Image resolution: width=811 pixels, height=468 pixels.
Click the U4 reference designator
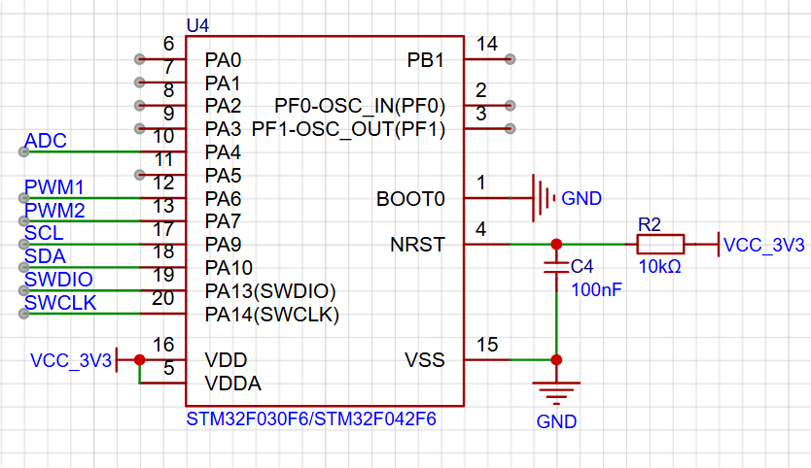click(x=197, y=25)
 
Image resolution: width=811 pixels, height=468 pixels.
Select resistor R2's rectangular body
click(x=660, y=244)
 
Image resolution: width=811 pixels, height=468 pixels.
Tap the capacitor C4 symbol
click(x=556, y=267)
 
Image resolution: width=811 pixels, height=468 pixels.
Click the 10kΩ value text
click(x=659, y=267)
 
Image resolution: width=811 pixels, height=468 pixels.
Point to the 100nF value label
click(x=596, y=289)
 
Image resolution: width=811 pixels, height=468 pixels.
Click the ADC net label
click(x=46, y=141)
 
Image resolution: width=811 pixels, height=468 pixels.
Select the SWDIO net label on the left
click(x=58, y=280)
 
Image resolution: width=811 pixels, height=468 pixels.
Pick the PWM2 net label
click(x=54, y=211)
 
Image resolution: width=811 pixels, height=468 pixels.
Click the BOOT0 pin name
click(x=410, y=199)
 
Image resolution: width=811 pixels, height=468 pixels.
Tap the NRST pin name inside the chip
click(x=417, y=245)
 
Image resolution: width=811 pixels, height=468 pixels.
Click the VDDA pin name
click(x=232, y=384)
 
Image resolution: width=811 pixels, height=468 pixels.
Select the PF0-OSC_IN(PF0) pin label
click(x=360, y=106)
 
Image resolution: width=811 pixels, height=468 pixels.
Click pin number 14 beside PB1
click(x=487, y=44)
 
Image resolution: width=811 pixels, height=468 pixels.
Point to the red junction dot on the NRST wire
click(x=556, y=244)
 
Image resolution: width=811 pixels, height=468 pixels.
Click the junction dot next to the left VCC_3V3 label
click(x=140, y=359)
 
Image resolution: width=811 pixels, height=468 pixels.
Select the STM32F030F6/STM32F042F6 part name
click(x=311, y=418)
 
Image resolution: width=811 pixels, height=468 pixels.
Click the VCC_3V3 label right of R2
click(x=763, y=245)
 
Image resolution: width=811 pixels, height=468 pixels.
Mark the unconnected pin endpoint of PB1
click(x=510, y=59)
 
